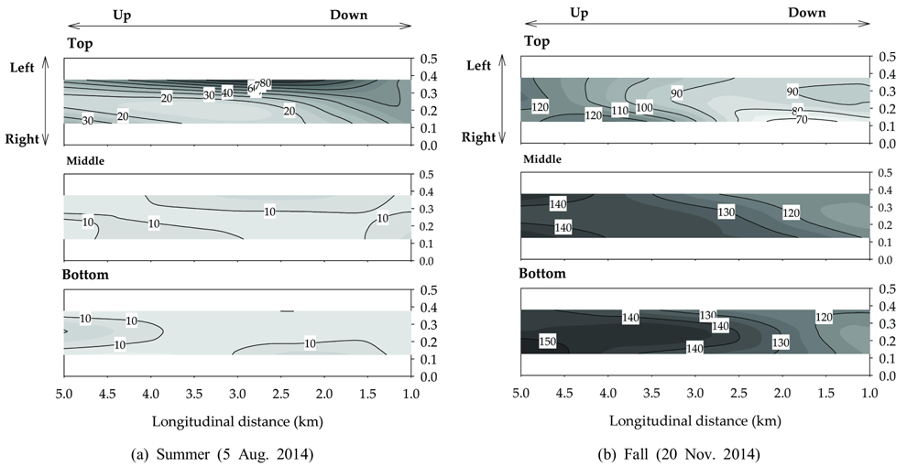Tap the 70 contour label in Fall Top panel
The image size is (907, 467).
tap(802, 120)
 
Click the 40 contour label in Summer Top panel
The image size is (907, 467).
tap(227, 92)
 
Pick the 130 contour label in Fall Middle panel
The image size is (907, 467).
tap(727, 212)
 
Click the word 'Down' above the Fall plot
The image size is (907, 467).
tap(806, 13)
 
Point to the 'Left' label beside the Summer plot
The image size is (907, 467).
tap(22, 67)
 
